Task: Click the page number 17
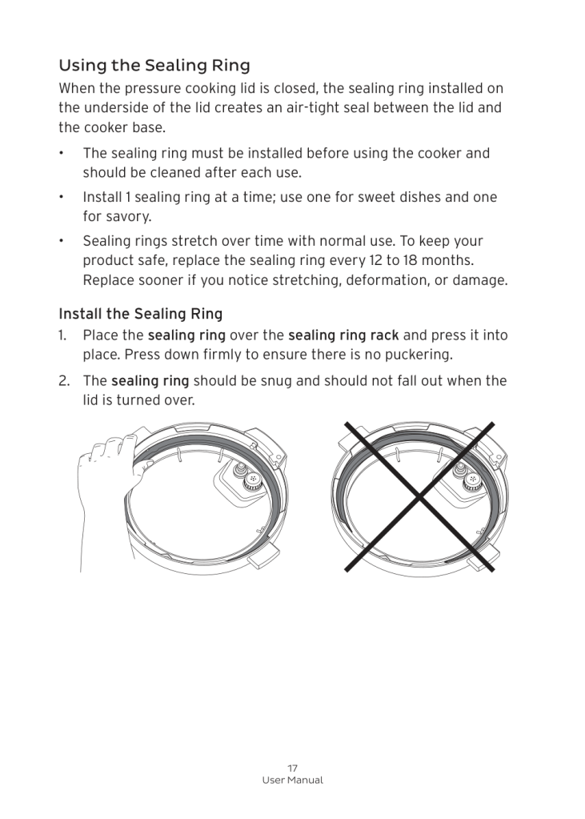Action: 292,768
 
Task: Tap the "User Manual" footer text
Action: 292,781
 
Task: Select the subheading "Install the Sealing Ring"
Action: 140,314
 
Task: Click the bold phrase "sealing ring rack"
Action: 343,335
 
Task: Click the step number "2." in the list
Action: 64,380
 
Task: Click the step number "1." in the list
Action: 63,335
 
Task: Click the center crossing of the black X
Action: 419,497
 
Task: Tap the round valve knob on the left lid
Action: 251,478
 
